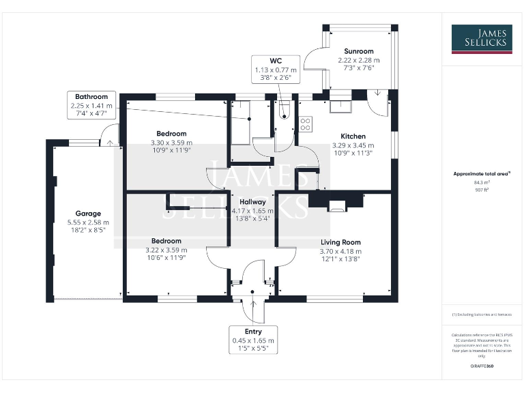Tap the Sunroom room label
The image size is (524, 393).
pyautogui.click(x=358, y=51)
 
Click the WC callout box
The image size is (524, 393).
pyautogui.click(x=276, y=70)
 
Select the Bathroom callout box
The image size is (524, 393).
pyautogui.click(x=91, y=106)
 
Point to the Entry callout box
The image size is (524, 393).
pyautogui.click(x=253, y=340)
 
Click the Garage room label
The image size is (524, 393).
pyautogui.click(x=88, y=214)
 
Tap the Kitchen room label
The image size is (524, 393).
pyautogui.click(x=348, y=136)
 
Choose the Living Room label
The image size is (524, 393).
pyautogui.click(x=340, y=242)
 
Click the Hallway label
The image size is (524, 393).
pyautogui.click(x=252, y=202)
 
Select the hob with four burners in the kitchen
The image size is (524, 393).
pyautogui.click(x=306, y=123)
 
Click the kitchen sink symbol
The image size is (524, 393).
pyautogui.click(x=339, y=106)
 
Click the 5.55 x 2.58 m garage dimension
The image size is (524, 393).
pyautogui.click(x=88, y=222)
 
